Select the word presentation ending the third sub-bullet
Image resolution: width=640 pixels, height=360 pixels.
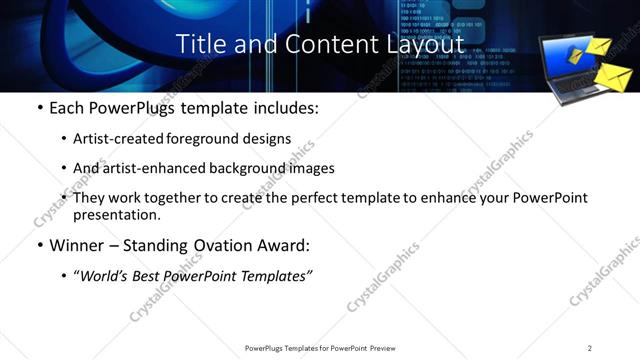117,214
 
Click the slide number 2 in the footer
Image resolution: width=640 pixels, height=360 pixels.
590,348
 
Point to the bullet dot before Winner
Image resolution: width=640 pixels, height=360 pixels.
38,246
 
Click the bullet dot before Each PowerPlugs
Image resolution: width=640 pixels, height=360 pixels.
38,108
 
